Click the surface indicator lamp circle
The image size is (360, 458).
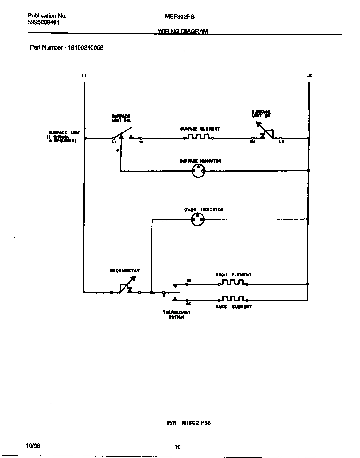[x=198, y=170]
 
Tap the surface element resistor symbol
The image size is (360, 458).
[x=198, y=137]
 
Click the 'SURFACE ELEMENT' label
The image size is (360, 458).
[x=200, y=129]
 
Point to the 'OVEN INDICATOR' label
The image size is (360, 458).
[x=204, y=209]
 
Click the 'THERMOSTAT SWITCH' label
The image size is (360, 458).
[x=177, y=314]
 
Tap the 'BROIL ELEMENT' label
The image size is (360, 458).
[x=233, y=275]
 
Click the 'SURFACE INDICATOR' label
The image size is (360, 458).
[x=200, y=161]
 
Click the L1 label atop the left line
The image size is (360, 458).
[x=84, y=76]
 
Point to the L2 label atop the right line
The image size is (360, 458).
[x=309, y=76]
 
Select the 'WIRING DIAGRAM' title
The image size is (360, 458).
[x=183, y=31]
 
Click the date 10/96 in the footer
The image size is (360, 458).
[x=33, y=446]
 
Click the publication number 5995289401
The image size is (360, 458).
[x=43, y=23]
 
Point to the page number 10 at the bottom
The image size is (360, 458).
[x=178, y=447]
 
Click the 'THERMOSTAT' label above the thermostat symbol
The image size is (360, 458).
[x=125, y=271]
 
